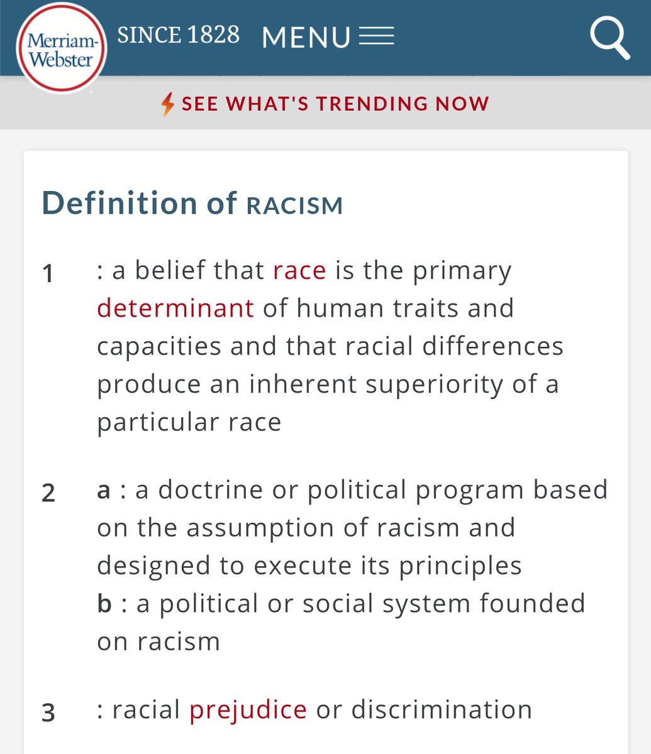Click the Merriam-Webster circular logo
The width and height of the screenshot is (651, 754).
62,48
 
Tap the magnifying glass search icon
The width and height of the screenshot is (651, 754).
609,38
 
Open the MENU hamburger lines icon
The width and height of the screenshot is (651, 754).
376,36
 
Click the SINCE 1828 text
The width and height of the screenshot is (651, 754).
178,35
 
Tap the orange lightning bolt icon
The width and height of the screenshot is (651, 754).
167,104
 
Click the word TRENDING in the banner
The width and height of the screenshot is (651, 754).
372,104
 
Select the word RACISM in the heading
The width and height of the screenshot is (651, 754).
294,205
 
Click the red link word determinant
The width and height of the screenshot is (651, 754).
175,309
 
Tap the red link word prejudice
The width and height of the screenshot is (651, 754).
248,710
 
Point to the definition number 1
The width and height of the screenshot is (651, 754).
48,273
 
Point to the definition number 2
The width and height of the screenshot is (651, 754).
48,493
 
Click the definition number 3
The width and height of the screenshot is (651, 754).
48,713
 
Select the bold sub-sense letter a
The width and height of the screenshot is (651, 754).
103,491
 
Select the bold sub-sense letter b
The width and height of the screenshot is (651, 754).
104,603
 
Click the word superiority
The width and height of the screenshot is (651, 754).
434,385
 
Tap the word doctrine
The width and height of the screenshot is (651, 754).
210,489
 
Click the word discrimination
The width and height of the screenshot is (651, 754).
442,709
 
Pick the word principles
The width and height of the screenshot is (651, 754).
460,567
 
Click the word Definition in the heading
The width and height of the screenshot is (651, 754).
120,203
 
